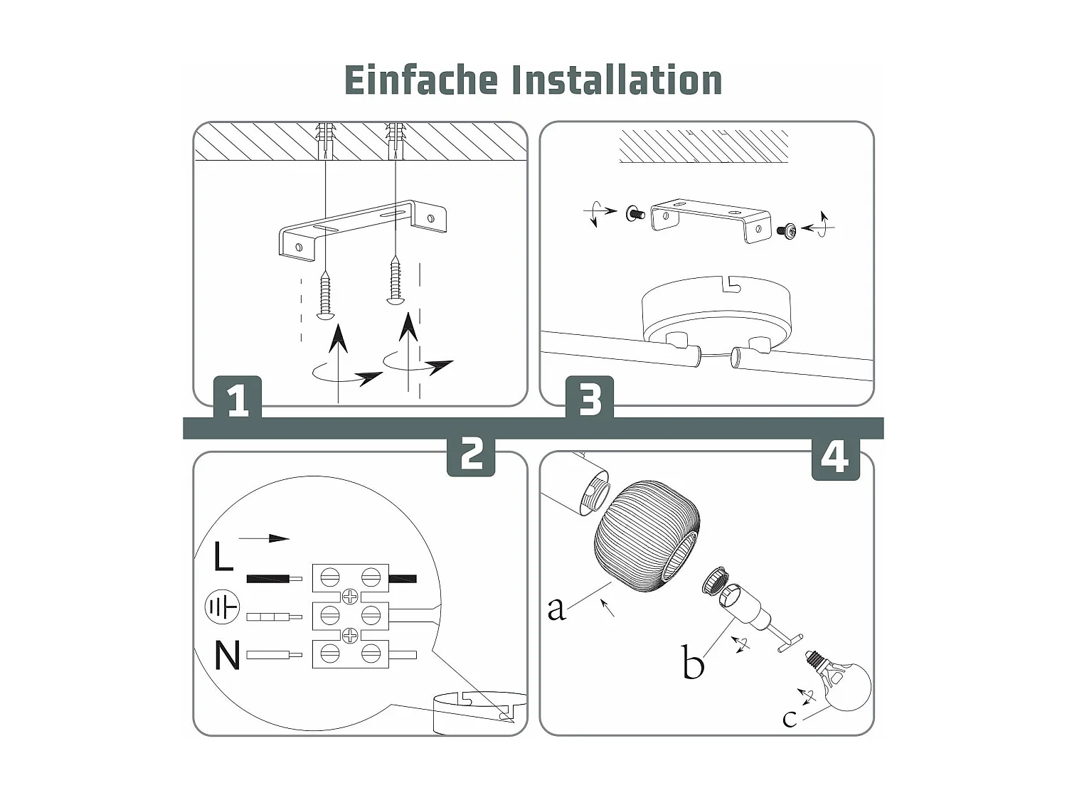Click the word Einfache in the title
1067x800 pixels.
pos(420,80)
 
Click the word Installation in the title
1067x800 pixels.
pos(617,80)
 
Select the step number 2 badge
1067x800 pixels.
pos(471,454)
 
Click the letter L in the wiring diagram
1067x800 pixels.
pos(223,557)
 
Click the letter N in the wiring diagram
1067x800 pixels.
pos(227,655)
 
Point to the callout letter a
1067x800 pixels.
pos(556,608)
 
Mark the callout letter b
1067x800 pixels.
pos(692,663)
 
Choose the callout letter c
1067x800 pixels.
pos(789,718)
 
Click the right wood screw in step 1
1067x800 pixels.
pos(396,281)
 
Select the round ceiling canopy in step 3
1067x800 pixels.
pos(715,309)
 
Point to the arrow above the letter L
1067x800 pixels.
pos(264,538)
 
